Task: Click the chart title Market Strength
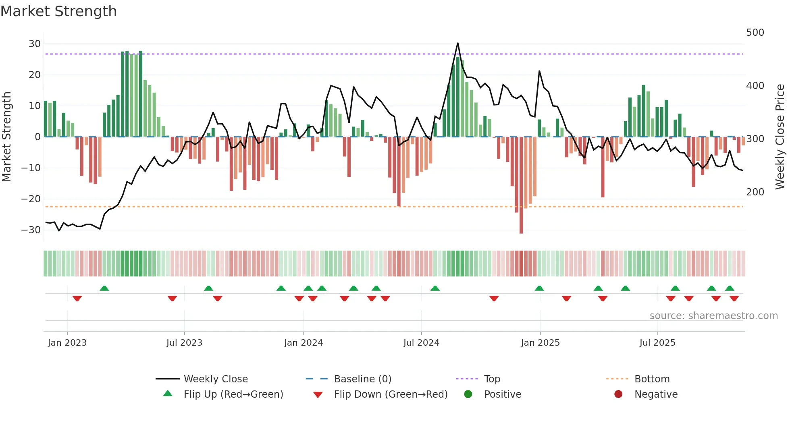(58, 11)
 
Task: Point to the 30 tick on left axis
(35, 44)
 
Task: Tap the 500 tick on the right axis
(755, 33)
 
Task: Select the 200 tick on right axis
(755, 192)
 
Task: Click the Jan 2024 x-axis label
(303, 343)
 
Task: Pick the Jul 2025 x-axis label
(657, 343)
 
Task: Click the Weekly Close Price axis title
(780, 137)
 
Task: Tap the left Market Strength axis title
(7, 137)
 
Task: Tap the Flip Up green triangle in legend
(168, 394)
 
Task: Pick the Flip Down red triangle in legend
(318, 395)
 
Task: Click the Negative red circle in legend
(618, 394)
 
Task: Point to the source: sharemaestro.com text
(713, 316)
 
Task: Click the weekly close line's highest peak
(457, 43)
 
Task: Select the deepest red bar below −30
(521, 226)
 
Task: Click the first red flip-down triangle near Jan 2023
(77, 299)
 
